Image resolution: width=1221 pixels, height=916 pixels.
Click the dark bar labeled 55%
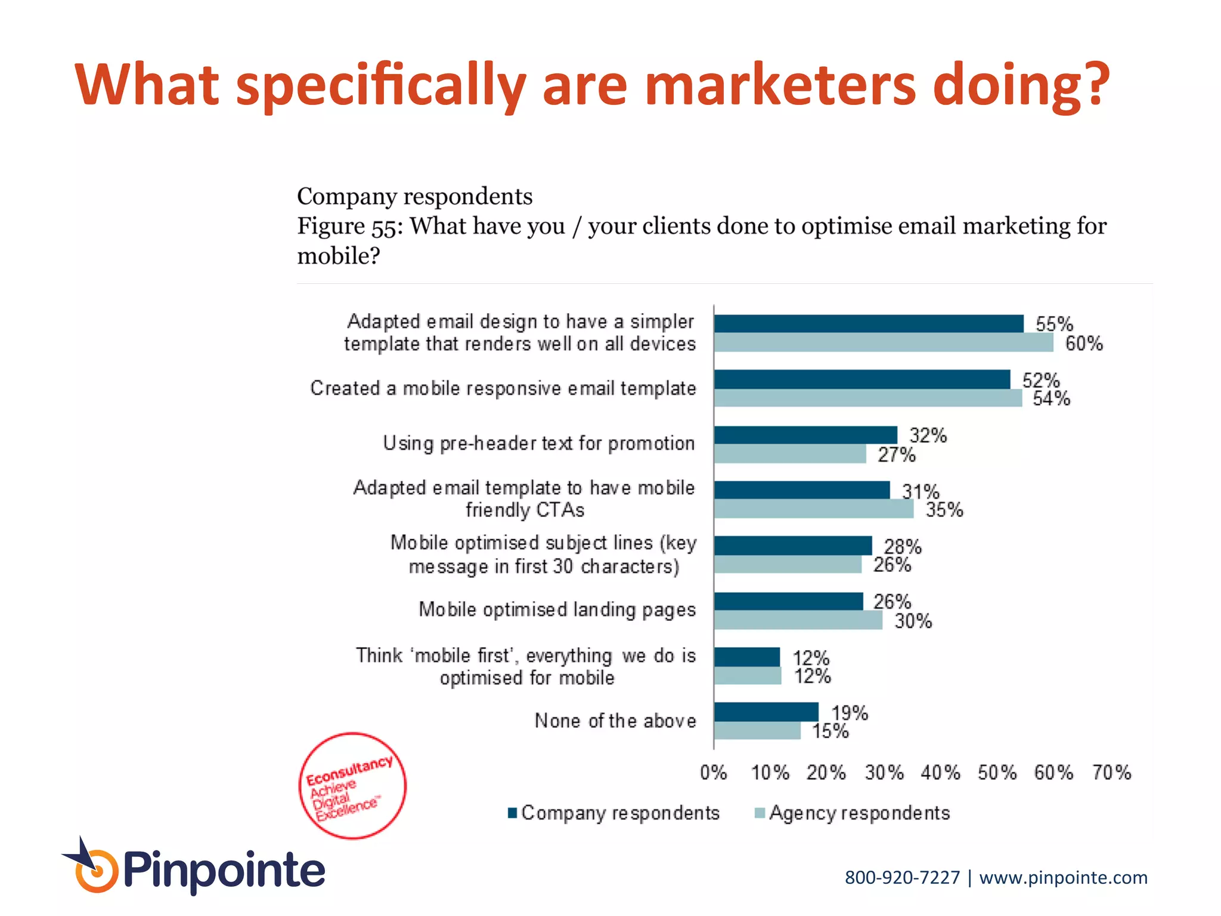869,324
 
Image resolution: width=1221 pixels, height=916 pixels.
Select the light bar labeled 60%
884,343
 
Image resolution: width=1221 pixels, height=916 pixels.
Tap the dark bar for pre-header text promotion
805,435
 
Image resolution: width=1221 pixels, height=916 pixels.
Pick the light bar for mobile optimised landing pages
798,620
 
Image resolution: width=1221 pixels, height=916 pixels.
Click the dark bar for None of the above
766,711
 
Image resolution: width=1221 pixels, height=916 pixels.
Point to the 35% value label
944,510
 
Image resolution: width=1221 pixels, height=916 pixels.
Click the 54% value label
1052,398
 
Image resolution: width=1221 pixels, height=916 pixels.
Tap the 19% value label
850,713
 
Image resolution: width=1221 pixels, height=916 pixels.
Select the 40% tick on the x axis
940,773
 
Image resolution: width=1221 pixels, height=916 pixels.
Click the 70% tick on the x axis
1111,773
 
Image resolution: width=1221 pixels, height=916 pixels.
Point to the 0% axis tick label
714,773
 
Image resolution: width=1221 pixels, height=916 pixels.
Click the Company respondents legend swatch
512,813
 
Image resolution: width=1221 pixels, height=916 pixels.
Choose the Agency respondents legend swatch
760,813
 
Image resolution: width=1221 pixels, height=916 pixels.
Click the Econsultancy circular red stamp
352,785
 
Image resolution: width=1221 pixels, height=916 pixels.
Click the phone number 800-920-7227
902,878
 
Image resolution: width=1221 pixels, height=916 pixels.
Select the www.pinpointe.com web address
1063,878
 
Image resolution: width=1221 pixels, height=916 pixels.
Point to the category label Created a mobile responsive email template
503,388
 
